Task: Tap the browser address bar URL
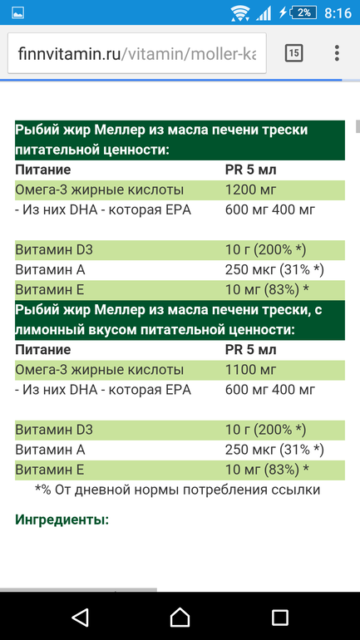[137, 53]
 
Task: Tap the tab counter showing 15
[293, 53]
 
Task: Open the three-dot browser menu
[337, 53]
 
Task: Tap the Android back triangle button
[80, 616]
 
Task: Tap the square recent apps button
[280, 616]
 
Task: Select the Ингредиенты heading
[62, 519]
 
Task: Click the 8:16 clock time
[338, 12]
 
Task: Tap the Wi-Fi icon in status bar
[240, 12]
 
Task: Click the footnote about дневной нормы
[178, 490]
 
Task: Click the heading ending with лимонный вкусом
[179, 320]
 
